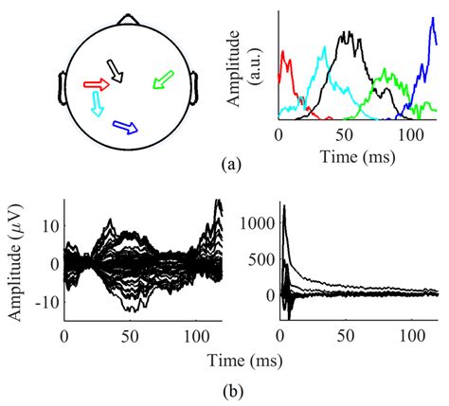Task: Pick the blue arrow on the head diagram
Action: tap(125, 126)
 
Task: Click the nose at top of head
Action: tap(127, 18)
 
